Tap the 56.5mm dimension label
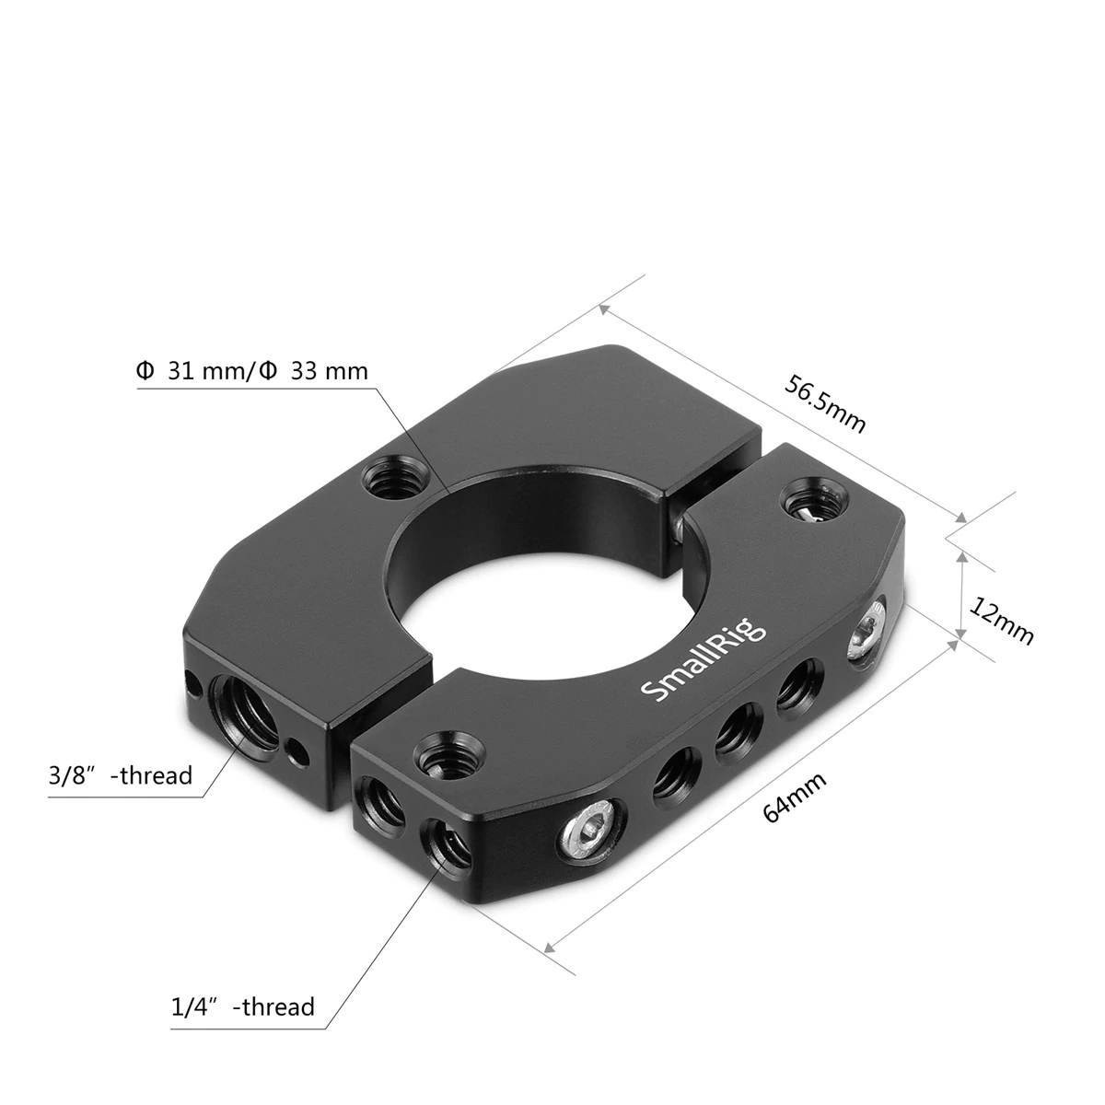point(825,403)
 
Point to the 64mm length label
point(795,798)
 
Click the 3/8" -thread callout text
point(120,775)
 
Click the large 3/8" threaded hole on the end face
point(242,704)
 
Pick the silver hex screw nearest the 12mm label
point(867,633)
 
